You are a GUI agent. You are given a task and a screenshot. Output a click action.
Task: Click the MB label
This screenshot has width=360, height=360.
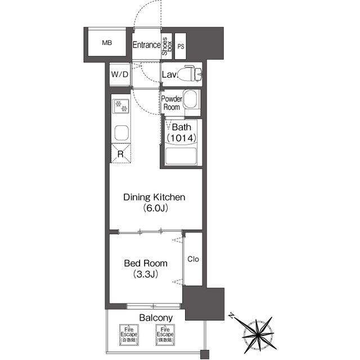pyautogui.click(x=106, y=43)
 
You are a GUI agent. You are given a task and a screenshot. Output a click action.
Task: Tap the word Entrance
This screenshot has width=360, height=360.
pyautogui.click(x=146, y=45)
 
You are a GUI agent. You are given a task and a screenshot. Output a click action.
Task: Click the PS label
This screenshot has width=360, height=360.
pyautogui.click(x=181, y=47)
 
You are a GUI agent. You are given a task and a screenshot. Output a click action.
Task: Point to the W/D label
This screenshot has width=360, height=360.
pyautogui.click(x=119, y=74)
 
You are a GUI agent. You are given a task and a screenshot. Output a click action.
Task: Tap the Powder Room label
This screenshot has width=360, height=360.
pyautogui.click(x=171, y=103)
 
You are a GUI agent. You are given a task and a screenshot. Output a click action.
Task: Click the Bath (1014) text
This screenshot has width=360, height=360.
pyautogui.click(x=181, y=132)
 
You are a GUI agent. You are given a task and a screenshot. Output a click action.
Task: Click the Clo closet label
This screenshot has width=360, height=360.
pyautogui.click(x=193, y=259)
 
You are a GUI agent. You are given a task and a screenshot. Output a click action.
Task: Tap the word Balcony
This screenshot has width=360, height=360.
pyautogui.click(x=156, y=318)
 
